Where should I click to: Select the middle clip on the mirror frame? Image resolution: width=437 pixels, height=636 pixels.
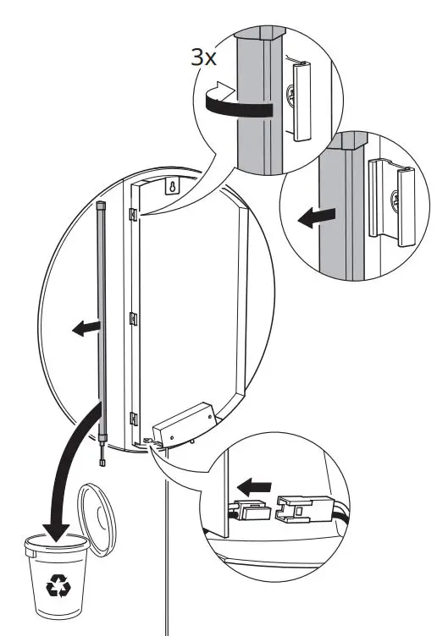pyautogui.click(x=132, y=319)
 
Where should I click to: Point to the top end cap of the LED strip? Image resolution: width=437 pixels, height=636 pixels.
pyautogui.click(x=101, y=205)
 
